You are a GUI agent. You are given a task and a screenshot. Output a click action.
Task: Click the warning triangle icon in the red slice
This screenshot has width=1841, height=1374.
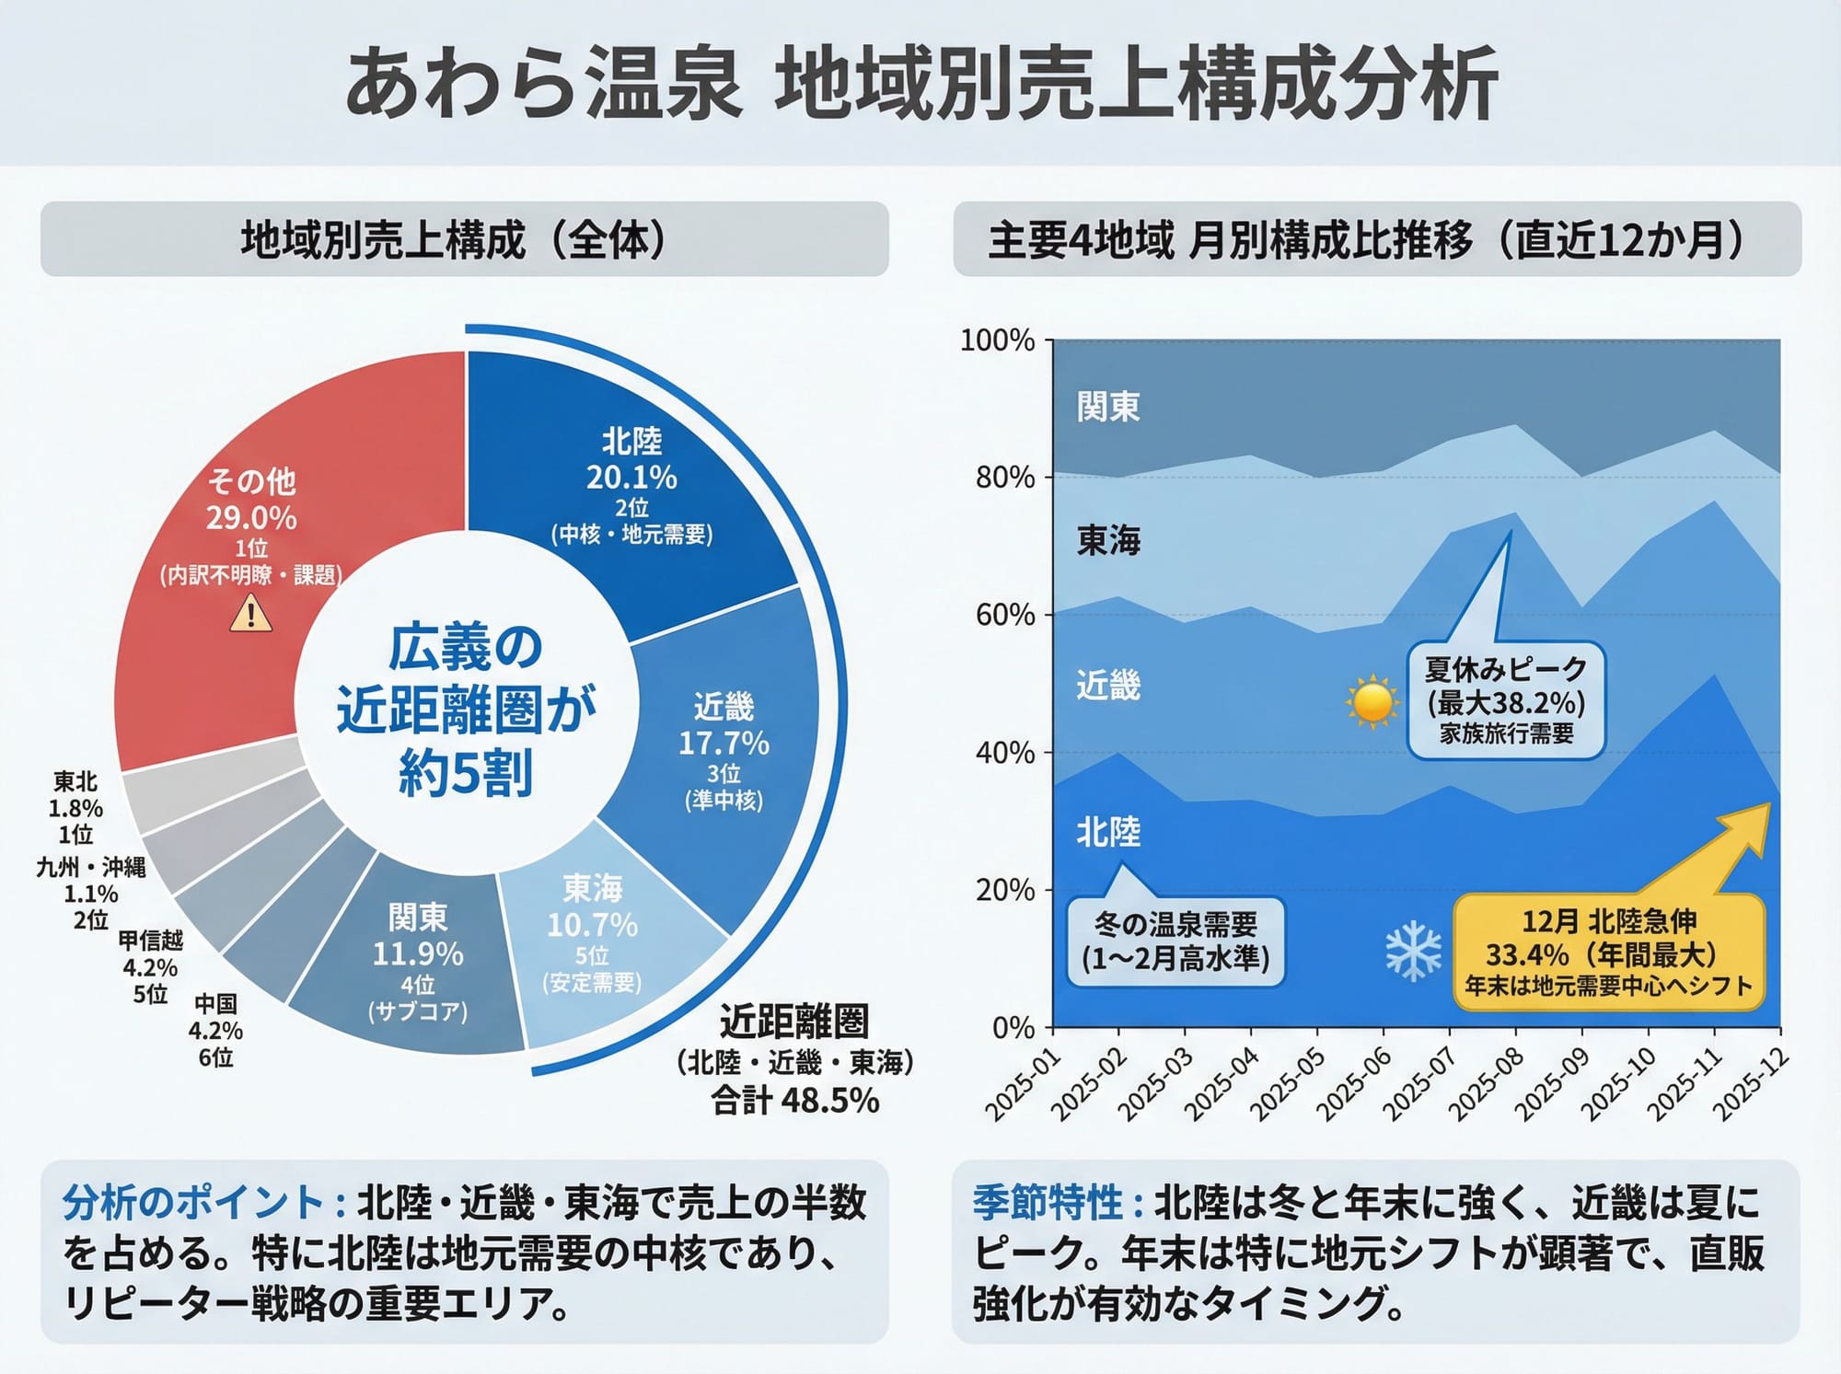click(250, 614)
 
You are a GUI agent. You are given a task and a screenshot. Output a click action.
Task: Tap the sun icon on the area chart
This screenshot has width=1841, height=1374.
click(1372, 703)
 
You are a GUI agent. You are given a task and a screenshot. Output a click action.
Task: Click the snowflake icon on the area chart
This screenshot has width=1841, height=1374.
click(1413, 951)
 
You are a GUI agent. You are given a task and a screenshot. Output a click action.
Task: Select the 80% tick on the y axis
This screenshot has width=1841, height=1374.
click(1005, 478)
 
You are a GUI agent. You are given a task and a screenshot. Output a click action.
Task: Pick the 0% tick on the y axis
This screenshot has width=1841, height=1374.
click(1013, 1027)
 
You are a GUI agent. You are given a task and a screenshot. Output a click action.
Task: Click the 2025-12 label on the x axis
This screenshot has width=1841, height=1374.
click(1749, 1085)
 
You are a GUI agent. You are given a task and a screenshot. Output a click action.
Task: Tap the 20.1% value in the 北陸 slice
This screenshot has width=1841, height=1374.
click(631, 478)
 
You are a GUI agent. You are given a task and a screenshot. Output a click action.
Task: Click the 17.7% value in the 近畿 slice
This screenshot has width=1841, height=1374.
click(724, 743)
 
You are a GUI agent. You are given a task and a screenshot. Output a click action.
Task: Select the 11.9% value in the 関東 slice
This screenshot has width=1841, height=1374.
click(417, 953)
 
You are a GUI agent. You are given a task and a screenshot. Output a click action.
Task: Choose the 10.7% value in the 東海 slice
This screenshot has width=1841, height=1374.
click(592, 924)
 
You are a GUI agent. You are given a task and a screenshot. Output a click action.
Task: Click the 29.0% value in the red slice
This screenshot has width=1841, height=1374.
click(250, 518)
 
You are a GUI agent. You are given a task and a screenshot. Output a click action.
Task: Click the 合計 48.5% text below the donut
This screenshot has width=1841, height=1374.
click(794, 1101)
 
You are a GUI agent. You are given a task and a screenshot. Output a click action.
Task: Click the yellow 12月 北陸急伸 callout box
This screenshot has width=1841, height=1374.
click(1608, 953)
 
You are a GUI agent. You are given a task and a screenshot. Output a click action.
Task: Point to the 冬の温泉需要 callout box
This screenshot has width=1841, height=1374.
click(1175, 941)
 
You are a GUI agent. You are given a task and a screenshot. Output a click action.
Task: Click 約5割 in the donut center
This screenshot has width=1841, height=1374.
click(465, 772)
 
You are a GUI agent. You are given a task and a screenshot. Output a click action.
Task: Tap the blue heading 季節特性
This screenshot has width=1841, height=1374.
click(1048, 1202)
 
